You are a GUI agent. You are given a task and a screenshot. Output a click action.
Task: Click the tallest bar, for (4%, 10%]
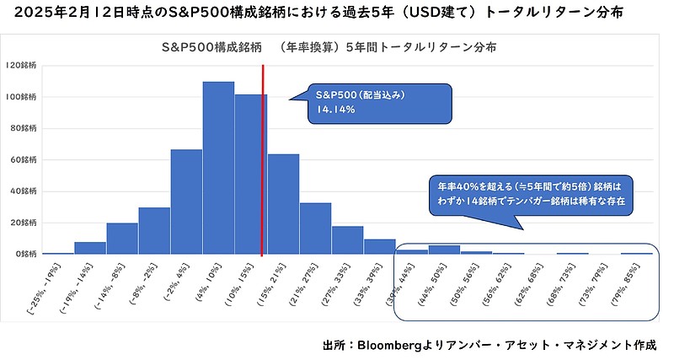point(218,168)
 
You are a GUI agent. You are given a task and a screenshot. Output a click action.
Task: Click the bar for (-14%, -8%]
point(122,239)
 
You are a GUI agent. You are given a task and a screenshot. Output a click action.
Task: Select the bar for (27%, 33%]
point(347,240)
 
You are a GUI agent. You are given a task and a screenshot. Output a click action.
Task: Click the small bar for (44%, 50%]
point(444,250)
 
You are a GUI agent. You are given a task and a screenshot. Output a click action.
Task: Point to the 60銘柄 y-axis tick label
point(24,159)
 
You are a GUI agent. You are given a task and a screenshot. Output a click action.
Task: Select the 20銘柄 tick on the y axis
point(24,223)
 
